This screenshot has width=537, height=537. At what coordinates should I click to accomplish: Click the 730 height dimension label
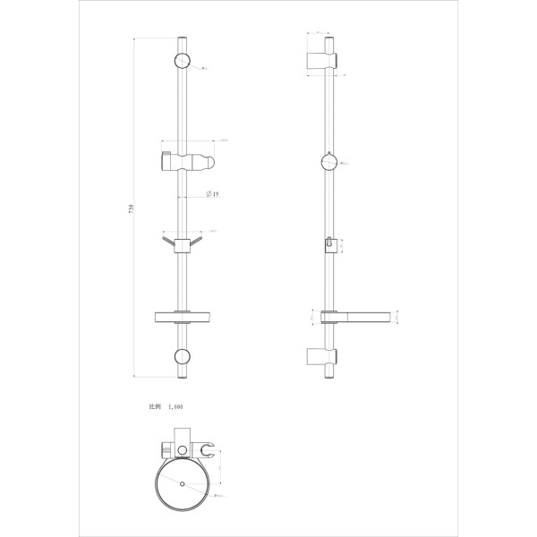pyautogui.click(x=132, y=208)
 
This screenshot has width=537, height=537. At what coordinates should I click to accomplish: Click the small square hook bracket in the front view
pyautogui.click(x=182, y=246)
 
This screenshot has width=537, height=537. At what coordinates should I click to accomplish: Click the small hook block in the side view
pyautogui.click(x=330, y=243)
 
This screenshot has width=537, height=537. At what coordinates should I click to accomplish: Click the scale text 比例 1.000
pyautogui.click(x=166, y=405)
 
